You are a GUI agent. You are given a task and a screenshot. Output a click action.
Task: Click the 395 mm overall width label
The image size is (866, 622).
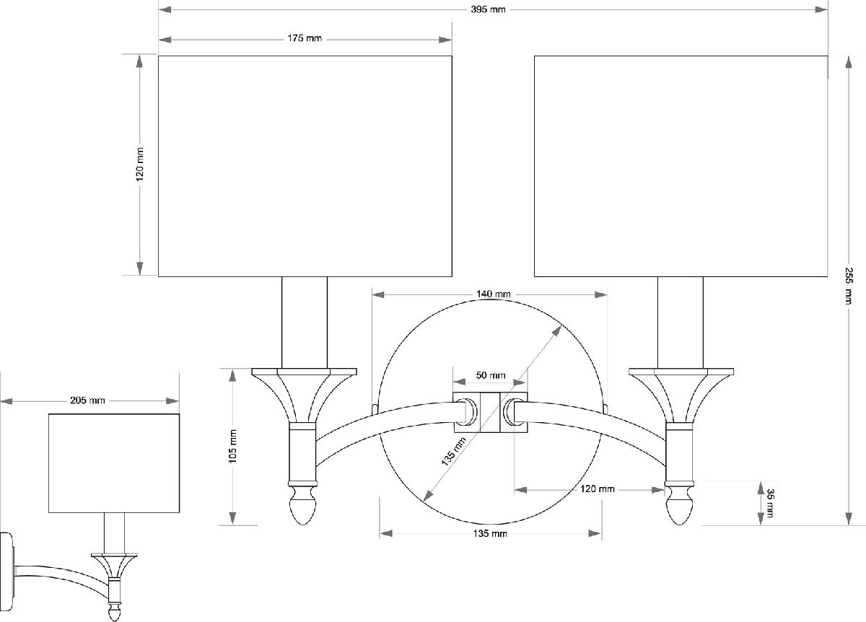[x=488, y=9]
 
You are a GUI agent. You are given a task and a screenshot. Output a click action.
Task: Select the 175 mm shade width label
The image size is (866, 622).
[x=305, y=38]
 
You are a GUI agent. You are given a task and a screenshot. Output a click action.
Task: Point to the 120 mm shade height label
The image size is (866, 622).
[x=139, y=165]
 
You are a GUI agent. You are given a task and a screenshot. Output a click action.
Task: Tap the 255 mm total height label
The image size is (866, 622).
[x=848, y=286]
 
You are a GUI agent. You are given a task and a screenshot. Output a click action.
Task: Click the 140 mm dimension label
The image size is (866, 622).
[x=494, y=294]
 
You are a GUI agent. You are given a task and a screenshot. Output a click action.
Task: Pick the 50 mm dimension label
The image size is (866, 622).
[x=491, y=375]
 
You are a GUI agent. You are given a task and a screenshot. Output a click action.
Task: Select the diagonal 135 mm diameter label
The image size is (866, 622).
[x=454, y=451]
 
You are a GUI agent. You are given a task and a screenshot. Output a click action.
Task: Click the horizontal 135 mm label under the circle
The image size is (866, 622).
[x=490, y=534]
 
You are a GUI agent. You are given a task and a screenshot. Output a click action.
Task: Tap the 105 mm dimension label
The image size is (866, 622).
[x=232, y=446]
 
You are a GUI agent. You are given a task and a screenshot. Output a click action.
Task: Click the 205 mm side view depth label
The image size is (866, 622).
[x=87, y=400]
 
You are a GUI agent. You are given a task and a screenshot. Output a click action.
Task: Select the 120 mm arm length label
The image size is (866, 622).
[x=598, y=489]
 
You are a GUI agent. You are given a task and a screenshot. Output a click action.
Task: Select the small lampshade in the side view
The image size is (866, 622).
[x=114, y=463]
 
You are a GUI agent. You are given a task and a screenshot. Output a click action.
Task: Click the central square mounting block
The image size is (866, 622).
[x=490, y=412]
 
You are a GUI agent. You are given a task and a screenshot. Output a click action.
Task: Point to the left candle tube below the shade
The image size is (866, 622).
[x=305, y=323]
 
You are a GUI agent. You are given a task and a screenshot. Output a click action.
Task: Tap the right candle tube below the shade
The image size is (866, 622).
[x=681, y=323]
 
